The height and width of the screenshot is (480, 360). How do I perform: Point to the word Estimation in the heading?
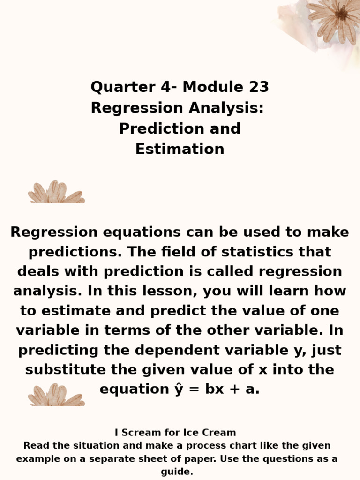[180, 149]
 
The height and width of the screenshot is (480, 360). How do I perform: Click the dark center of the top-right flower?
[341, 14]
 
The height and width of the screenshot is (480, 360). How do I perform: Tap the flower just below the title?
[56, 193]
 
